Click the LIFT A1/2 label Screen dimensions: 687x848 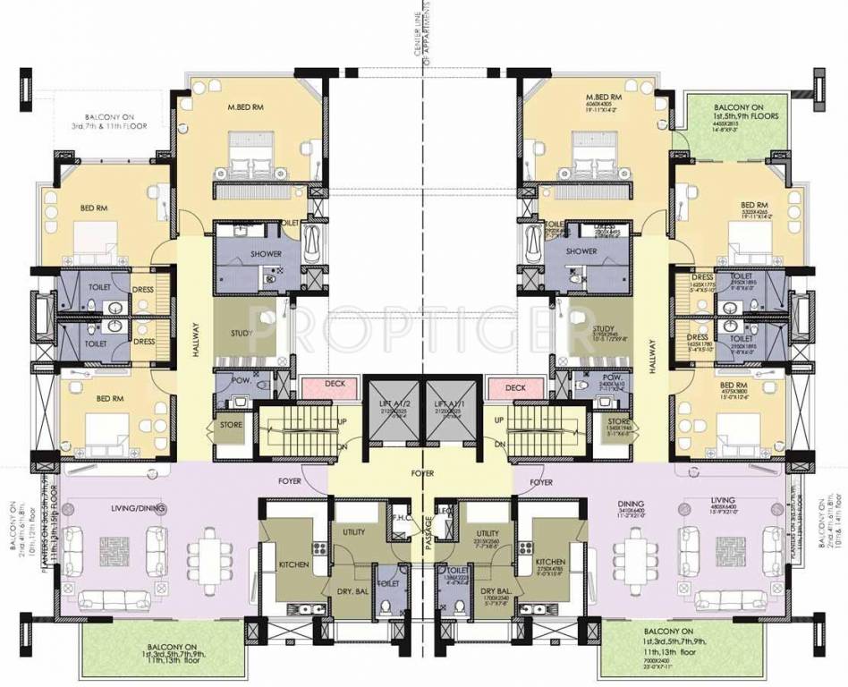pos(395,405)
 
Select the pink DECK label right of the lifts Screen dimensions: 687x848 pos(515,388)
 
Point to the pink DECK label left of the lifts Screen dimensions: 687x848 pos(334,383)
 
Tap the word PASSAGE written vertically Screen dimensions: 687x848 pos(429,534)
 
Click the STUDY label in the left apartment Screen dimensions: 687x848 pos(242,334)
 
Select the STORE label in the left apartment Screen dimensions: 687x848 pos(231,425)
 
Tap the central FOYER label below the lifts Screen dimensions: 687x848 pos(423,473)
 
